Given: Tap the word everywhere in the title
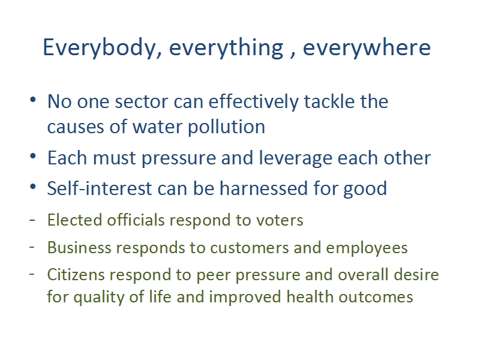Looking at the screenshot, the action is tap(367, 48).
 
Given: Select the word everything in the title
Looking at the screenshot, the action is tap(226, 48).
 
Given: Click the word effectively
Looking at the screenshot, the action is tap(253, 102).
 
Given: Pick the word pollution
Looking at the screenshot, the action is tap(227, 127).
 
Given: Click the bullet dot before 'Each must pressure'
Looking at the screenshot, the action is tap(33, 156).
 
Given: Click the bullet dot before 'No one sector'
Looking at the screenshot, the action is tap(33, 100).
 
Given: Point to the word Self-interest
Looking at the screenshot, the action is tap(100, 188).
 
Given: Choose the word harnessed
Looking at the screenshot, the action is tap(263, 188).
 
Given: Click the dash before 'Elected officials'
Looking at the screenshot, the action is tap(32, 220).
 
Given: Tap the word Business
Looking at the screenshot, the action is tap(79, 248).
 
